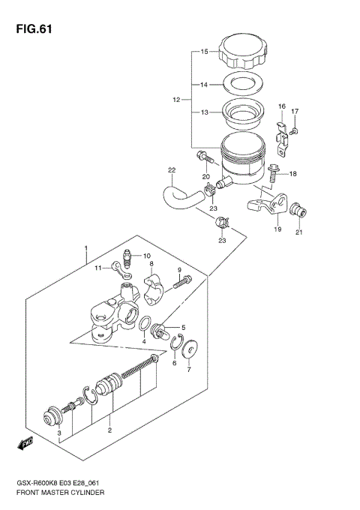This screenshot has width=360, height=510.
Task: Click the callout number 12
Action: [176, 99]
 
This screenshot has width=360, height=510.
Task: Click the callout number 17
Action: [295, 112]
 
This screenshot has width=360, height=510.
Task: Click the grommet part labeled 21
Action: [300, 209]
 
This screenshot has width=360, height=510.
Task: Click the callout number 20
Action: [205, 177]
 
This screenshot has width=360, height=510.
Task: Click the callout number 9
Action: [179, 270]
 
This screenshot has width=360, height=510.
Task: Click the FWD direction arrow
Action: [26, 445]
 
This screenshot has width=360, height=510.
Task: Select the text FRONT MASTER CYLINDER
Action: [61, 493]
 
